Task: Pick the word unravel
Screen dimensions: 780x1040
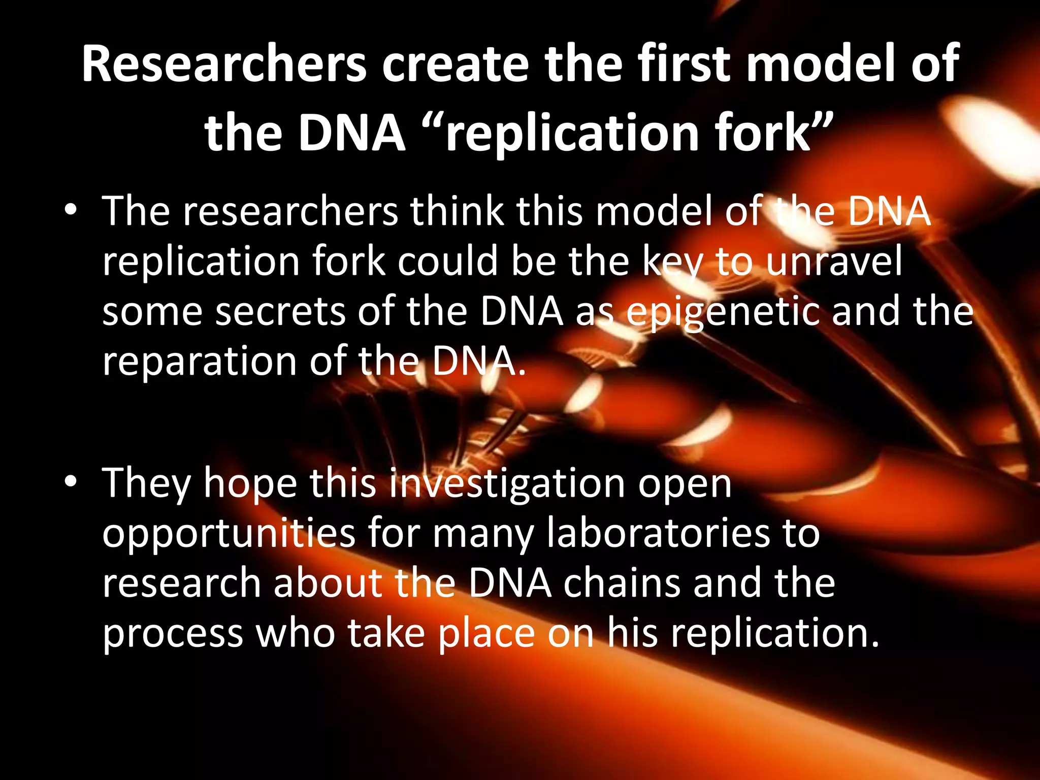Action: coord(834,261)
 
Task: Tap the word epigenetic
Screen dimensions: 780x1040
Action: coord(723,312)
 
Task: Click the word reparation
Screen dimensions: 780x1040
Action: coord(200,362)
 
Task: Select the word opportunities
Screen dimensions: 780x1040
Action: coord(229,534)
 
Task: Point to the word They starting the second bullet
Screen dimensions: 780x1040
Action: coord(147,483)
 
